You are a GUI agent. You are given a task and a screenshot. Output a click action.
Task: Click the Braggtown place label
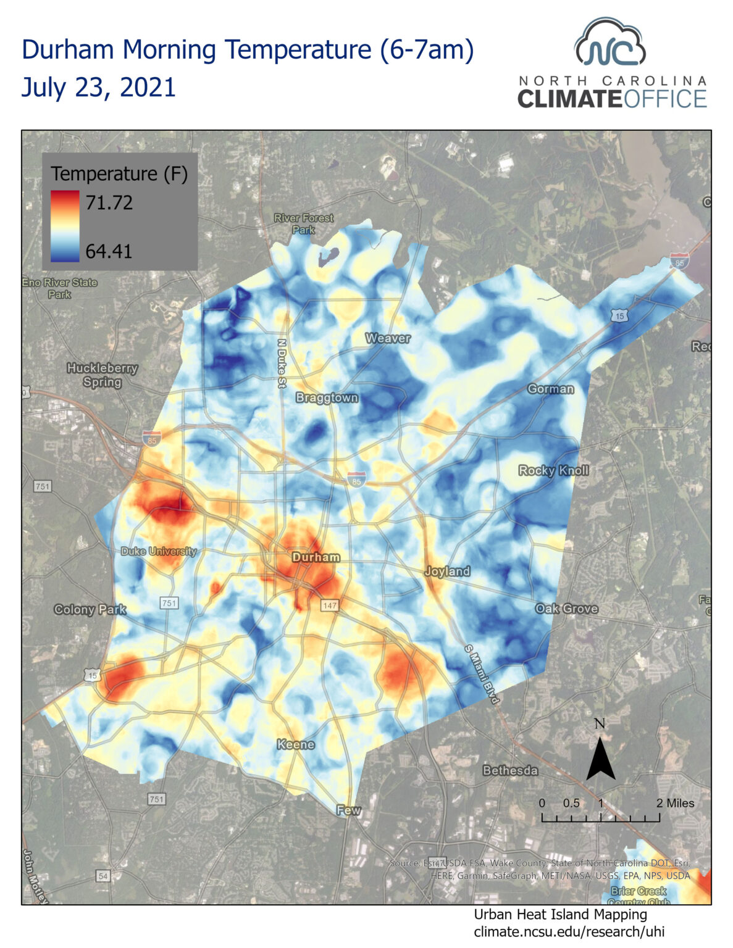coord(327,397)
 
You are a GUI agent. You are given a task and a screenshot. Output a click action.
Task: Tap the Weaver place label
coord(388,338)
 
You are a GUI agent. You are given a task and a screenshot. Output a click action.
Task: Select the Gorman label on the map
coord(550,389)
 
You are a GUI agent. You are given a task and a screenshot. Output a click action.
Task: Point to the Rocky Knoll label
coord(553,470)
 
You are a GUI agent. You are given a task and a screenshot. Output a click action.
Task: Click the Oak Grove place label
coord(566,609)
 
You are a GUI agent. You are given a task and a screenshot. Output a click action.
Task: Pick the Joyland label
coord(447,571)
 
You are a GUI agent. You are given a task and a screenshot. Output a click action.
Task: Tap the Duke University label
coord(159,551)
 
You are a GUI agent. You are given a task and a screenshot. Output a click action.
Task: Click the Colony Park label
coord(90,609)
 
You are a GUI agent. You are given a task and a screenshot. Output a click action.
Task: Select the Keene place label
coord(296,744)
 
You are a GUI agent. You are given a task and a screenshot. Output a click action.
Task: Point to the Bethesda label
coord(510,770)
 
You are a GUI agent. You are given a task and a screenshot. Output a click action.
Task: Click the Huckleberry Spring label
coord(103,375)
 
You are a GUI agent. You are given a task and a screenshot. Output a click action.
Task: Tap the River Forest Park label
coord(303,223)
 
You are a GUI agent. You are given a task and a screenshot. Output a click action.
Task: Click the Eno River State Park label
coord(60,288)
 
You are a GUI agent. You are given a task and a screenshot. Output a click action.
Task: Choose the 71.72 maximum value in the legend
coord(109,202)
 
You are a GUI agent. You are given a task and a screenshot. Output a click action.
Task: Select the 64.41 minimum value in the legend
coord(109,251)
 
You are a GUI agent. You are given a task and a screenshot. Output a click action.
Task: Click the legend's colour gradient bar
coord(65,227)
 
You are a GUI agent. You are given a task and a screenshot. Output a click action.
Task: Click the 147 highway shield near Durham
coord(330,605)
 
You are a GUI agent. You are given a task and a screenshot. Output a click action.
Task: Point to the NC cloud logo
coord(610,43)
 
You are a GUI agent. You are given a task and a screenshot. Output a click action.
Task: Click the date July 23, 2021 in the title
coord(99,87)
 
